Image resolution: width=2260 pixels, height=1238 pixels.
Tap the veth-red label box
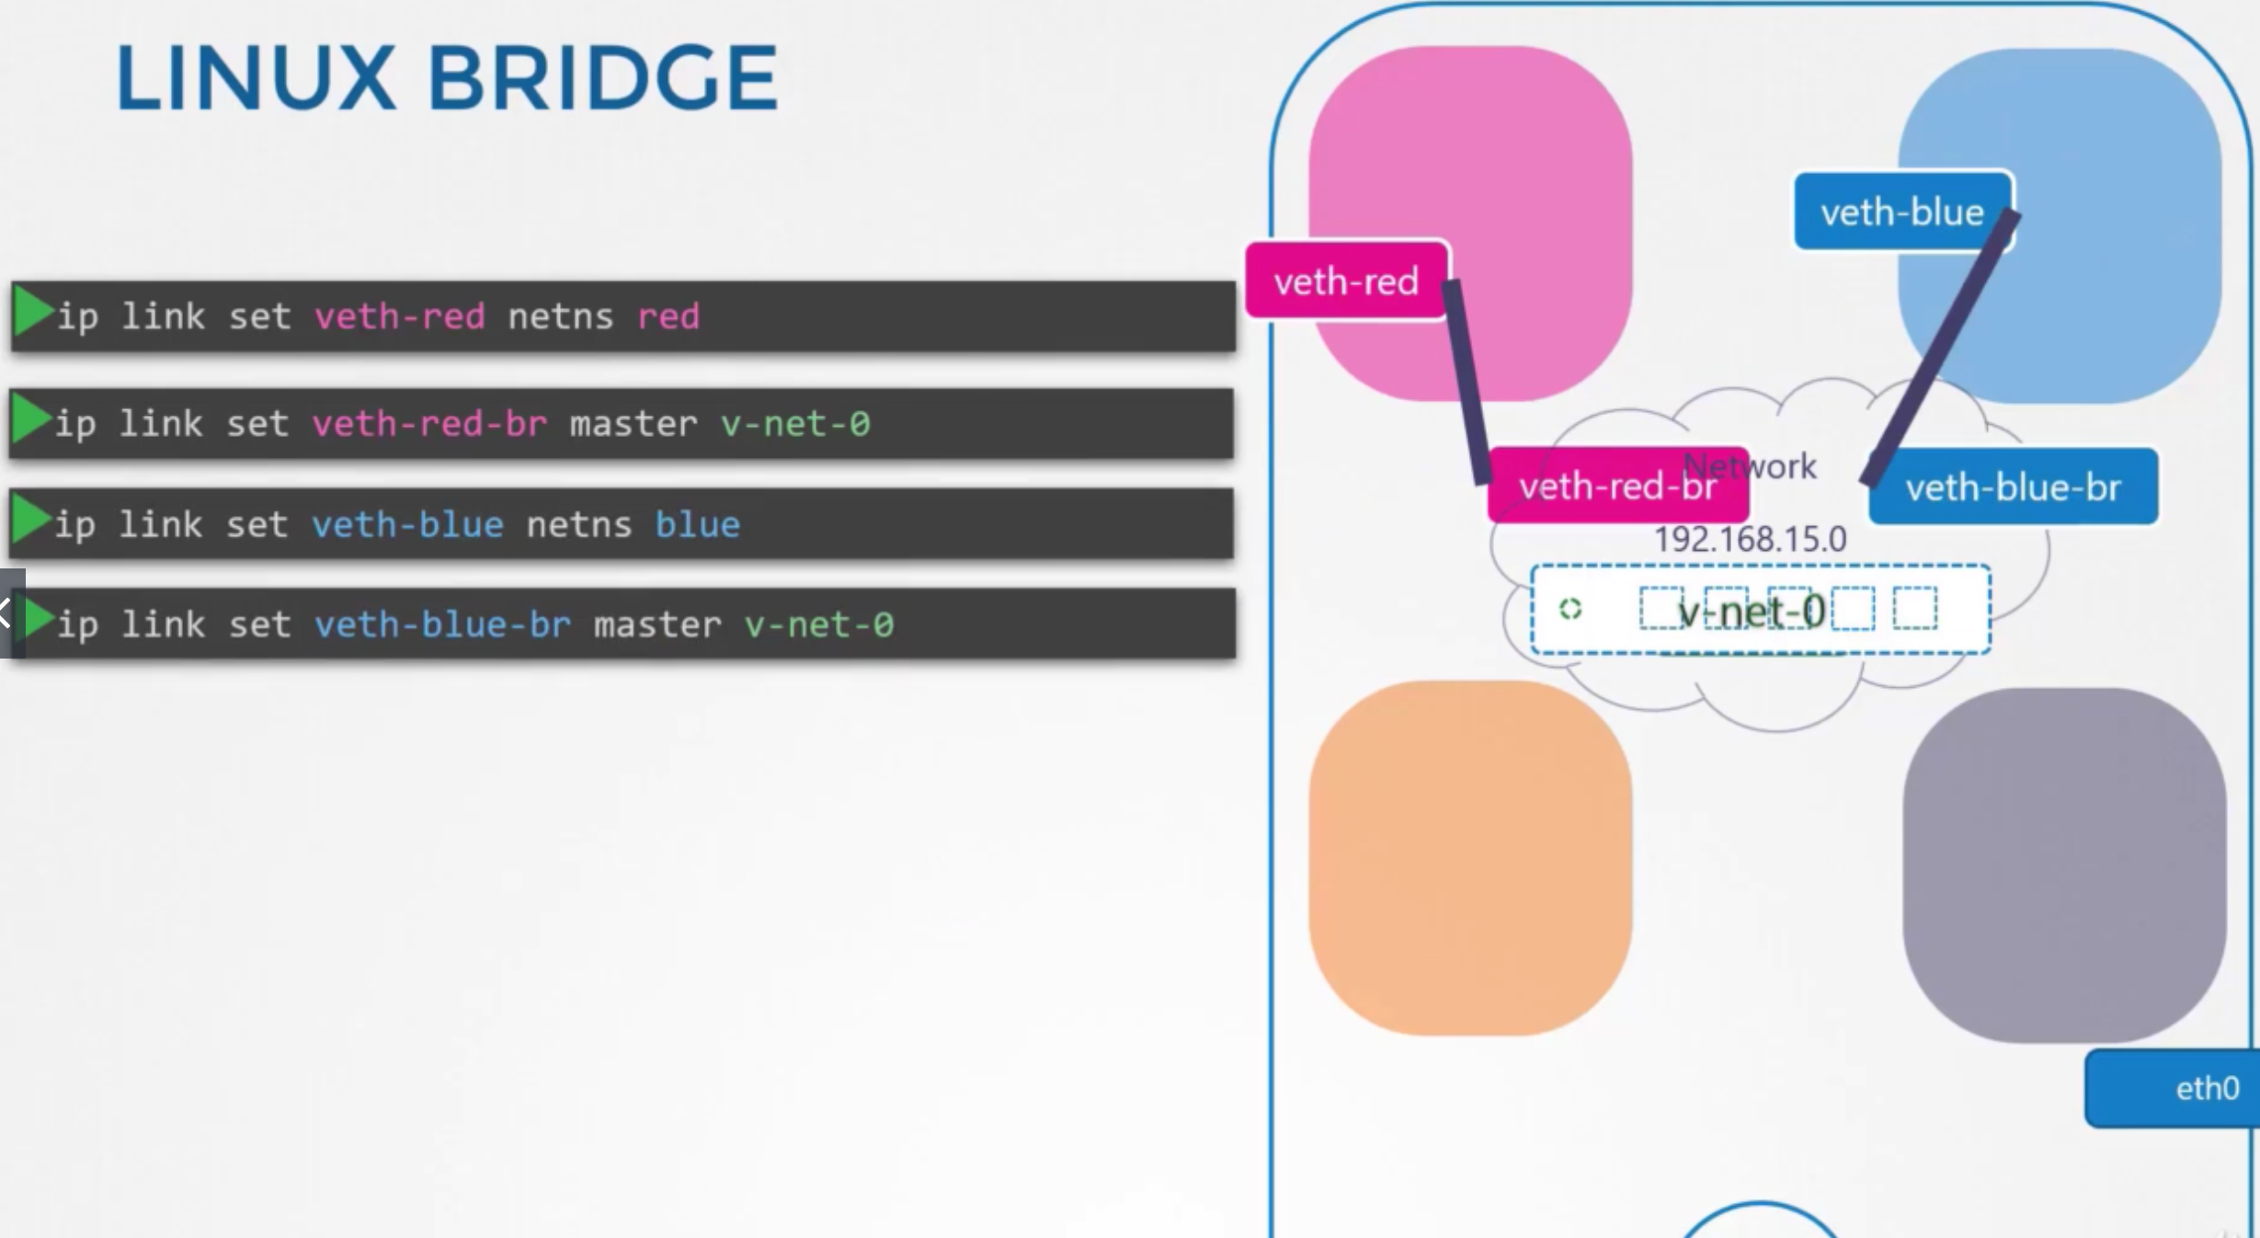point(1346,281)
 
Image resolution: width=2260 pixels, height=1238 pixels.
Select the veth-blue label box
point(1901,212)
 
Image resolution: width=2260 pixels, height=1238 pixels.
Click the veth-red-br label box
point(1616,486)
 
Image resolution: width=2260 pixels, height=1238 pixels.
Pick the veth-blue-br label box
point(2013,487)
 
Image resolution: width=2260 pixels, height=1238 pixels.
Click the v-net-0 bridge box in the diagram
point(1760,611)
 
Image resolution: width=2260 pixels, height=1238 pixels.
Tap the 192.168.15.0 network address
point(1750,539)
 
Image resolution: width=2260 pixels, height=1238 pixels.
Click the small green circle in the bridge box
point(1570,609)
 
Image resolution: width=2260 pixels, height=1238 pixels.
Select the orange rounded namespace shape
point(1469,858)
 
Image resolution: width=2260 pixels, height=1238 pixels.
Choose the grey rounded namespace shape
point(2063,865)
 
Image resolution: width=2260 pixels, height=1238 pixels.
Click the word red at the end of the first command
point(668,316)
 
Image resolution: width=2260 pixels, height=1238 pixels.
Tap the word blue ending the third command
point(697,524)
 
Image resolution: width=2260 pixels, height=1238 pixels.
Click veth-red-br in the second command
point(429,424)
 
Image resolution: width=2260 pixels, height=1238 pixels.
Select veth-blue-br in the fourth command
point(442,625)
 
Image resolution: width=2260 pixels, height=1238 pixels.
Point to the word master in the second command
point(633,424)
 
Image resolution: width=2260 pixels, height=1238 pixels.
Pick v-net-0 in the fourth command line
point(818,625)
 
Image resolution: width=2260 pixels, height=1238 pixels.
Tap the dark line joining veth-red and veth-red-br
point(1467,382)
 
